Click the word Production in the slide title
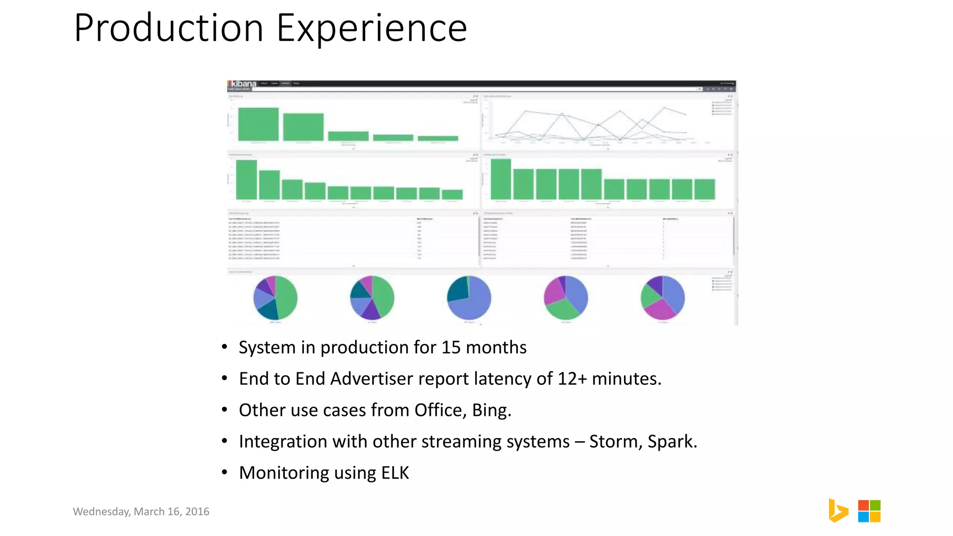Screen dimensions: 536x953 click(x=169, y=29)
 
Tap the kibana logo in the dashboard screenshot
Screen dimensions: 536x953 click(x=243, y=84)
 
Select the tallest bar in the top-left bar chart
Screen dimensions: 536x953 click(x=258, y=124)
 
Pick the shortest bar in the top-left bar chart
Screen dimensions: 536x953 click(x=437, y=138)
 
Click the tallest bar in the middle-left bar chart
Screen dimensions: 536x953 click(x=246, y=180)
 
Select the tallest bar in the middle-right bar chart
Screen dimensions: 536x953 click(x=501, y=179)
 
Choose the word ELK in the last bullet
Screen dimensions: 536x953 click(x=395, y=473)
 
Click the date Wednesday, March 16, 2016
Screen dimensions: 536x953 click(x=141, y=511)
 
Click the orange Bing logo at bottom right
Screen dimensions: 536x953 click(x=838, y=510)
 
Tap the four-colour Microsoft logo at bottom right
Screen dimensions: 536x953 click(x=869, y=511)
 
